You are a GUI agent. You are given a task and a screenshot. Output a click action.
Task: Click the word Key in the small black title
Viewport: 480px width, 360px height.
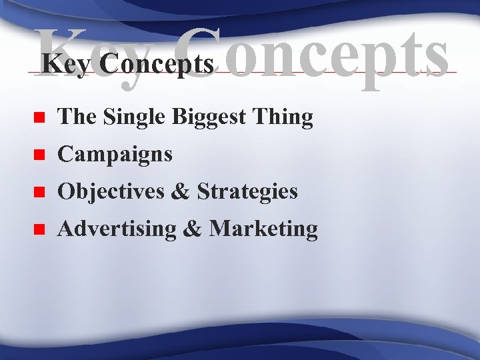pos(57,65)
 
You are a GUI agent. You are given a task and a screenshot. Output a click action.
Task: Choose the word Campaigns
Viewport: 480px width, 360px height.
pos(115,155)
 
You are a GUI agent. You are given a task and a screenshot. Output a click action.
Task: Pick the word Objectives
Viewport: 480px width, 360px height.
pos(111,192)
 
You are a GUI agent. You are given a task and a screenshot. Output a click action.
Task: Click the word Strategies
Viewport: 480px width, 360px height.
pos(248,192)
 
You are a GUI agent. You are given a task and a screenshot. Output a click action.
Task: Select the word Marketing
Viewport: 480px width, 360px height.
pos(263,229)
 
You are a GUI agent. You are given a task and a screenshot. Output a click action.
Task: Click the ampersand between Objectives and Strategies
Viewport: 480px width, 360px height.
pos(180,192)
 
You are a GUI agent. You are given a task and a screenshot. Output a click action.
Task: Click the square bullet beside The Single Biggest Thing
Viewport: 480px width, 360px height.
pos(39,119)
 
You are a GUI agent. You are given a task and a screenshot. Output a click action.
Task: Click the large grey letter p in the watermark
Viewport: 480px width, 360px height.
pos(373,64)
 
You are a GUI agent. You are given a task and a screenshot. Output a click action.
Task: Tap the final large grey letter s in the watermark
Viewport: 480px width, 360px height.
pos(433,57)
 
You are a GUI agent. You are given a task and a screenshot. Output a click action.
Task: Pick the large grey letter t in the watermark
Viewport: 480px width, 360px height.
pos(407,53)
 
